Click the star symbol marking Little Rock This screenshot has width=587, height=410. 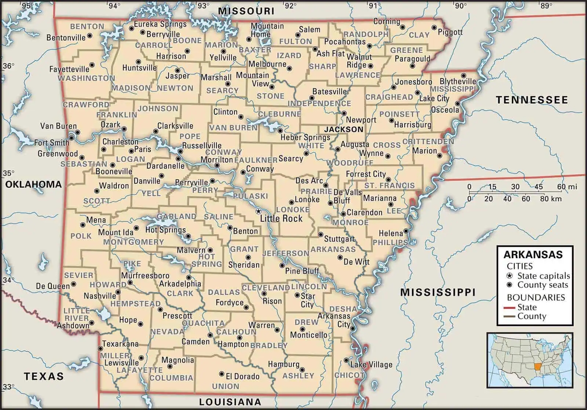pos(258,211)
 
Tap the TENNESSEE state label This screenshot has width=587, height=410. pos(532,100)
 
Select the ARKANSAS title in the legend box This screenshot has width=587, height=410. pos(533,255)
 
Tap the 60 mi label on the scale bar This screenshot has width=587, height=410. pos(567,187)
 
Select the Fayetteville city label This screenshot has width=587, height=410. pos(69,69)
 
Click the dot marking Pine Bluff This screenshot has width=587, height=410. pos(282,265)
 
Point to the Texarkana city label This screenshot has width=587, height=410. pos(120,344)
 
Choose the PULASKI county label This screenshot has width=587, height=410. pos(250,196)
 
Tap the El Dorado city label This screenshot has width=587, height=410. pos(242,376)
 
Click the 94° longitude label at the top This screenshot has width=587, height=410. pos(114,6)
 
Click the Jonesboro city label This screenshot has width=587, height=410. pos(413,82)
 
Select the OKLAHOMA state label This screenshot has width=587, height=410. pos(33,184)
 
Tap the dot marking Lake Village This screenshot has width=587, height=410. pos(346,360)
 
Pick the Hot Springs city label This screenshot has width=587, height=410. pos(165,230)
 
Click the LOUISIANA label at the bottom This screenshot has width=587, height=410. pos(230,402)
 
